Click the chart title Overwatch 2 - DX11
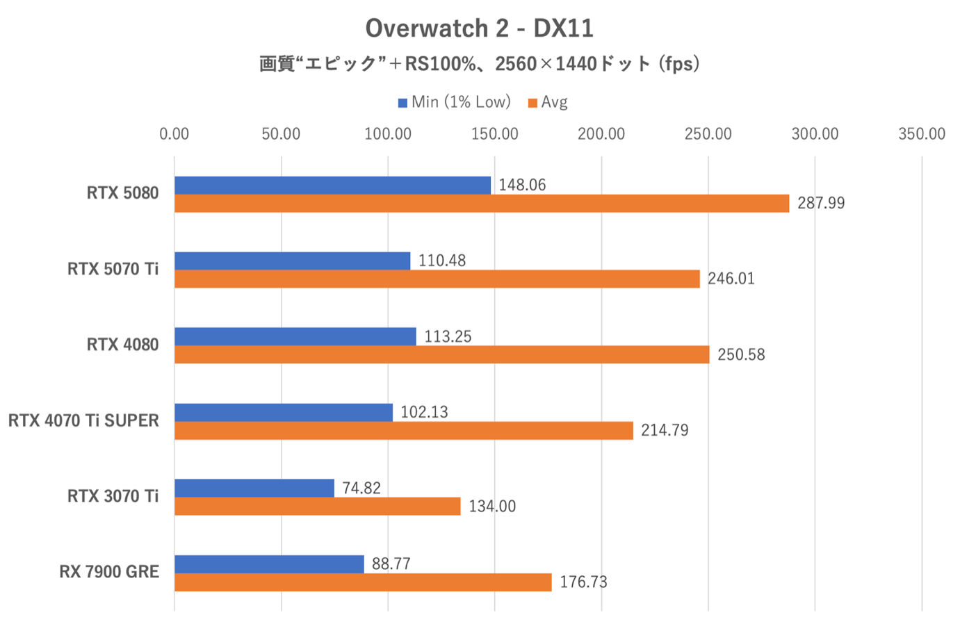(479, 28)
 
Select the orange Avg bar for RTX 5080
(481, 204)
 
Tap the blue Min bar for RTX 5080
(332, 186)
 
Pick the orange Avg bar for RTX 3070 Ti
(317, 507)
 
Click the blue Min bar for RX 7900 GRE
(269, 564)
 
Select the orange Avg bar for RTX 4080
(441, 355)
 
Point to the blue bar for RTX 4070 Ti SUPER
(283, 412)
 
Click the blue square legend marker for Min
(402, 104)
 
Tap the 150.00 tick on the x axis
(494, 134)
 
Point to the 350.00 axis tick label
(921, 134)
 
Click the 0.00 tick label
(174, 134)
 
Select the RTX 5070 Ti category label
(113, 269)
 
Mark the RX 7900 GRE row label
(109, 572)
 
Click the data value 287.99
(821, 204)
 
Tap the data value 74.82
(361, 488)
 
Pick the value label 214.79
(665, 431)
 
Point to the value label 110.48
(442, 261)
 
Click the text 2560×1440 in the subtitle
(546, 65)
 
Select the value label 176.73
(583, 582)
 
